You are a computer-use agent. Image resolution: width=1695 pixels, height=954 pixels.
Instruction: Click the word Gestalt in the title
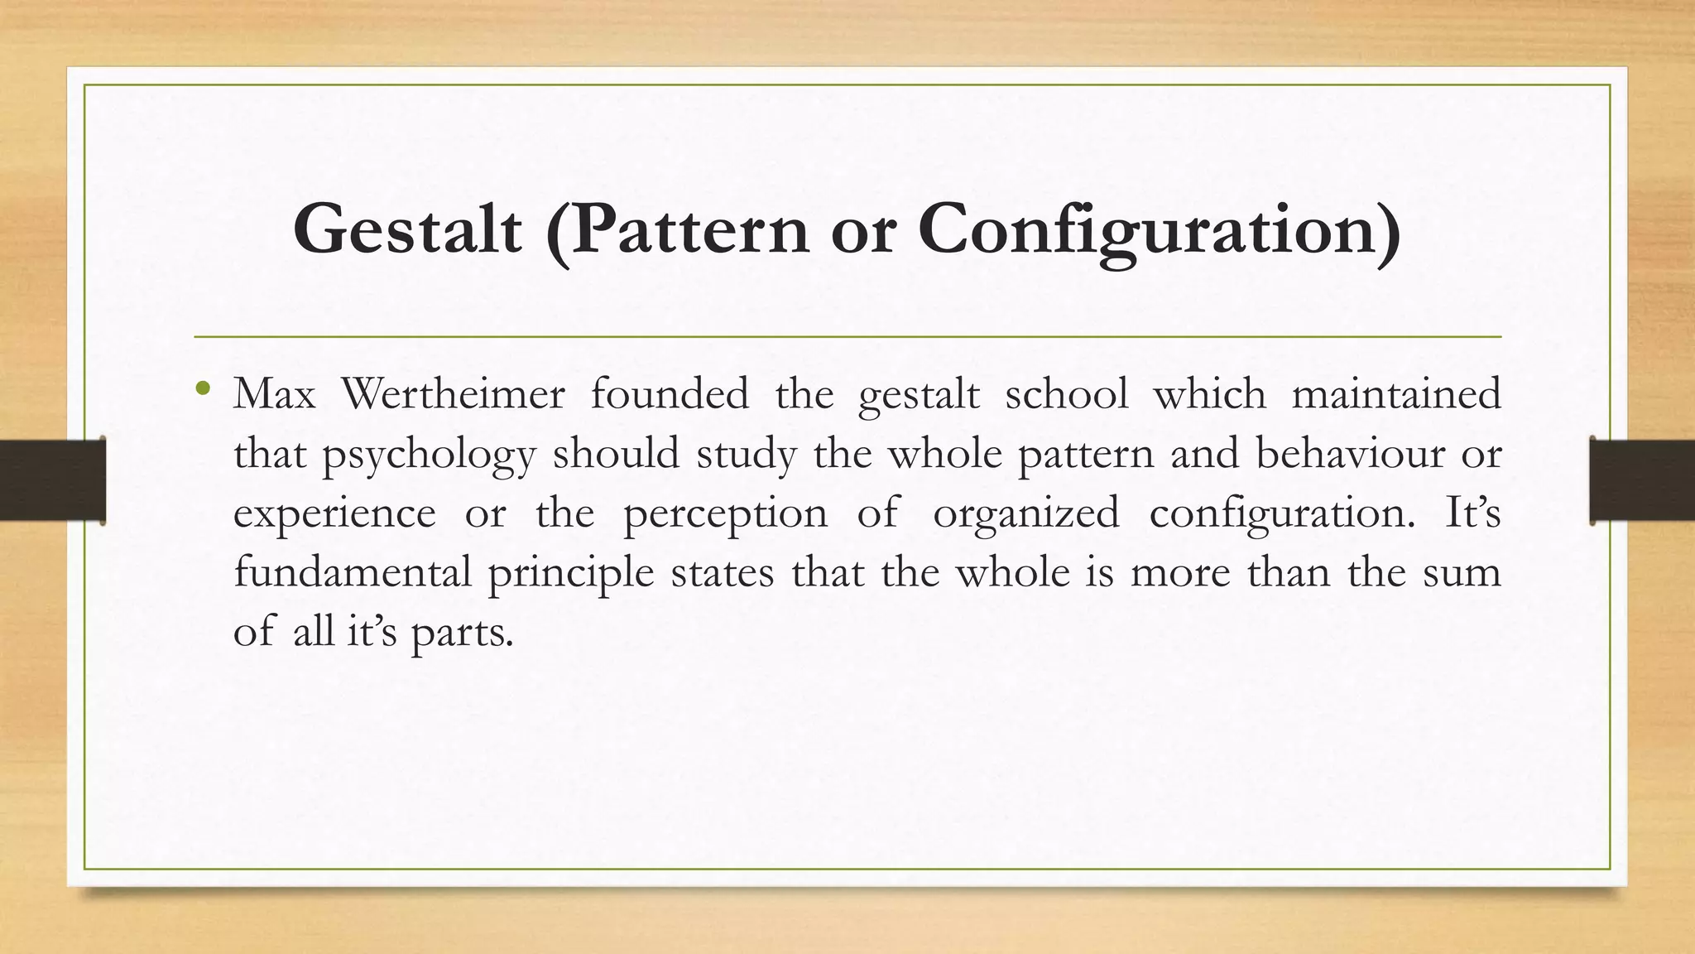pos(407,229)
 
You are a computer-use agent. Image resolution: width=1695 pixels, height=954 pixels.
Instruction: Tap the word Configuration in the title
pos(1159,229)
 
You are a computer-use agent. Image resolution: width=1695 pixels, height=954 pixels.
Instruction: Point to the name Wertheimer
pos(453,393)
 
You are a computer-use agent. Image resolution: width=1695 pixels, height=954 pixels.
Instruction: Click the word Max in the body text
pos(274,393)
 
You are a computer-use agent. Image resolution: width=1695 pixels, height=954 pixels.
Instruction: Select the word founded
pos(670,393)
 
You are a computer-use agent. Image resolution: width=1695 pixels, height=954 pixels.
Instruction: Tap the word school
pos(1067,393)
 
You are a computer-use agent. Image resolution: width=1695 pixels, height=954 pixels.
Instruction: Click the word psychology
pos(429,455)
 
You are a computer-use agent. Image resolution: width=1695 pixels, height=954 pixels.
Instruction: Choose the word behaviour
pos(1350,453)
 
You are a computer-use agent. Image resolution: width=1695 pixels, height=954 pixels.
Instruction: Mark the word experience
pos(334,513)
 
